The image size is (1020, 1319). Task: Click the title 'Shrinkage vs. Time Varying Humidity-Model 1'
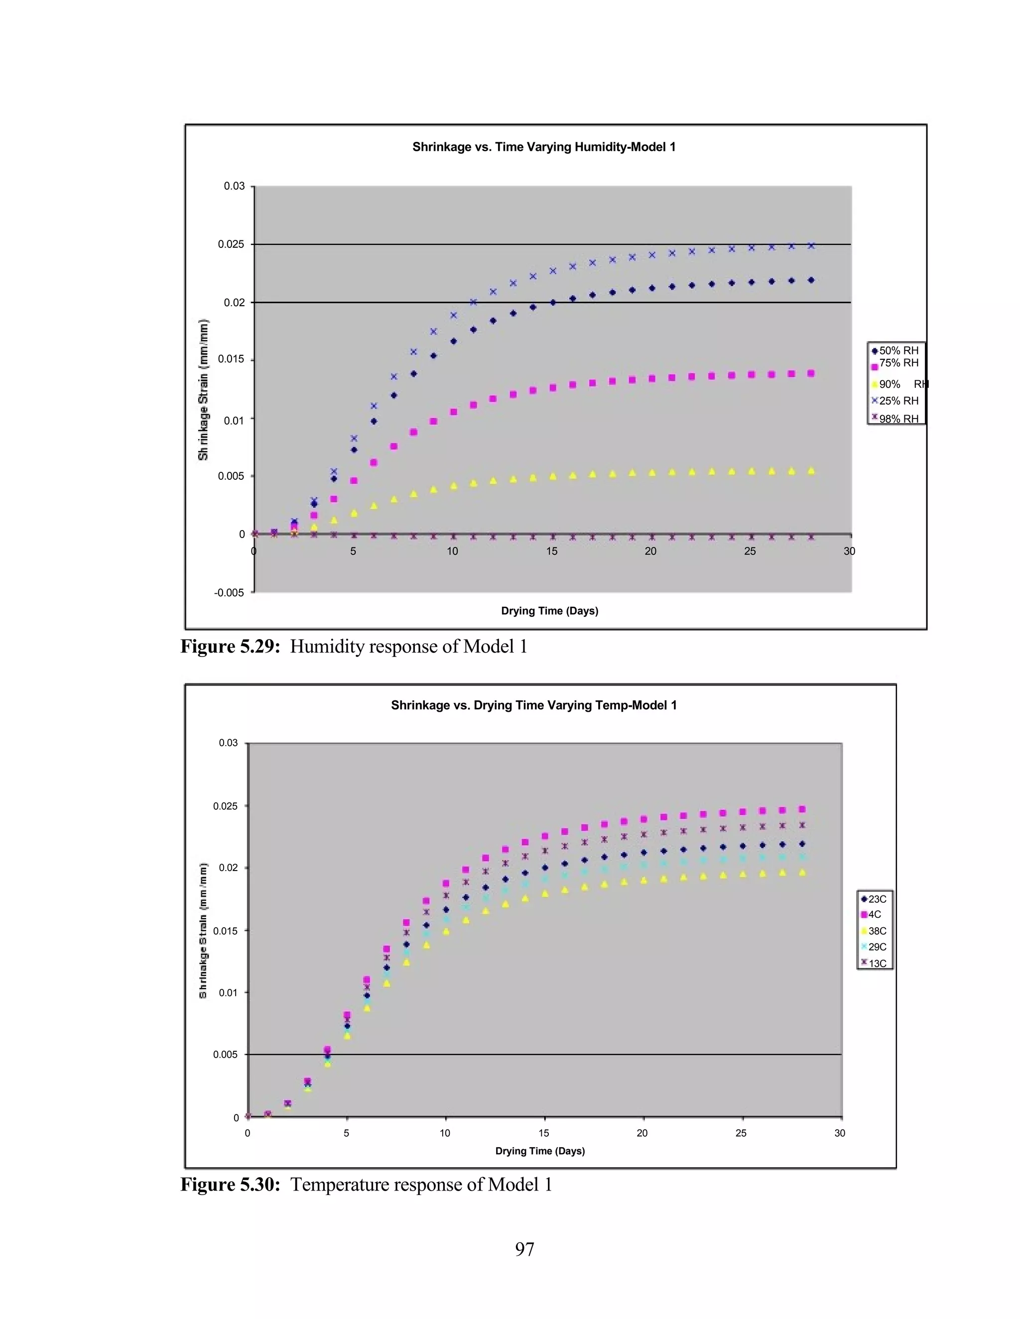tap(543, 147)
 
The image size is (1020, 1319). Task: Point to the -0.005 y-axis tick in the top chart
tap(229, 592)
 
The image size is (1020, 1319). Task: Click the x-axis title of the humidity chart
tap(549, 611)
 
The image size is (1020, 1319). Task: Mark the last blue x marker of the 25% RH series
tap(811, 246)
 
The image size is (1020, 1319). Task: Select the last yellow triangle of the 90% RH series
tap(811, 470)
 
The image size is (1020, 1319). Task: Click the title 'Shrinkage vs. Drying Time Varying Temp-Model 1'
tap(533, 705)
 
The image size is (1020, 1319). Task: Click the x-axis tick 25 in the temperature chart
tap(741, 1133)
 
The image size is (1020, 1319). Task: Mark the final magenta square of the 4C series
tap(802, 809)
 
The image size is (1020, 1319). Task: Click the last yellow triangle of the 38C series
tap(802, 872)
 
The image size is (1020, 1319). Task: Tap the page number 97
tap(524, 1248)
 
